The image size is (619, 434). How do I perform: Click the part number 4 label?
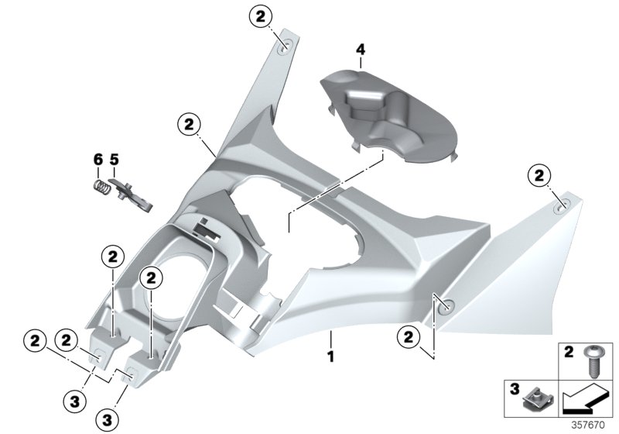(359, 50)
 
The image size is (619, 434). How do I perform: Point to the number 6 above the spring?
(98, 160)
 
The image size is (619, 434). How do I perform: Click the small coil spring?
(101, 187)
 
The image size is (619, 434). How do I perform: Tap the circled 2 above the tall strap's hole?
(261, 15)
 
